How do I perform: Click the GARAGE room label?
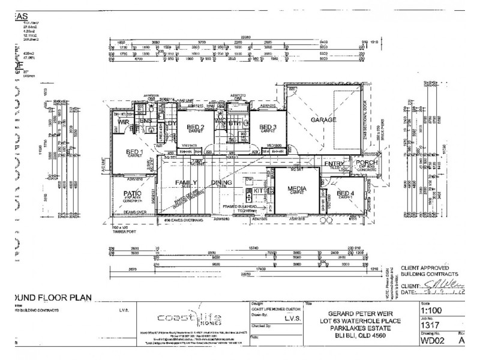322,120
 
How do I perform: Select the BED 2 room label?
196,127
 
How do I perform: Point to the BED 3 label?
268,127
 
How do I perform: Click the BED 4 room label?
345,194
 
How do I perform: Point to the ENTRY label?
334,163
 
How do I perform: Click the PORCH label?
366,163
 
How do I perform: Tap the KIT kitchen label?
258,190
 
